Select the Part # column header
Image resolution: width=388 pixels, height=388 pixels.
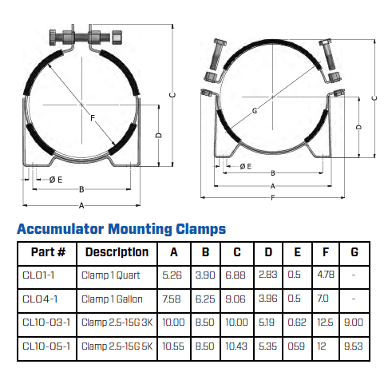point(47,252)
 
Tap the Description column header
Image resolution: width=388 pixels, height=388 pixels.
point(117,252)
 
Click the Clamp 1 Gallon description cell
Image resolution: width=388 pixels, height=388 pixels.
point(113,299)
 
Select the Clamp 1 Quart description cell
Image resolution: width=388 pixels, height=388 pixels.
point(111,275)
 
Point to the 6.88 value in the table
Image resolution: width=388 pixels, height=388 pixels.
point(237,275)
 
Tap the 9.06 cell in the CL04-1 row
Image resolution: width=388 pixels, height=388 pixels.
point(237,299)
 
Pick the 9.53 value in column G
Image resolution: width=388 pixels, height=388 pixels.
point(353,346)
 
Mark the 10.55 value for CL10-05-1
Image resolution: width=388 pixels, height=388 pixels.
point(173,346)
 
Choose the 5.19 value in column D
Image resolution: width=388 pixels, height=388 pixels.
point(269,323)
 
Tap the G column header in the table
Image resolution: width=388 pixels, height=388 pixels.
point(354,252)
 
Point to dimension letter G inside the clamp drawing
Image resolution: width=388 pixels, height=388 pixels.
point(255,110)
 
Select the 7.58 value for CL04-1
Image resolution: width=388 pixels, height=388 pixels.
point(172,299)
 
